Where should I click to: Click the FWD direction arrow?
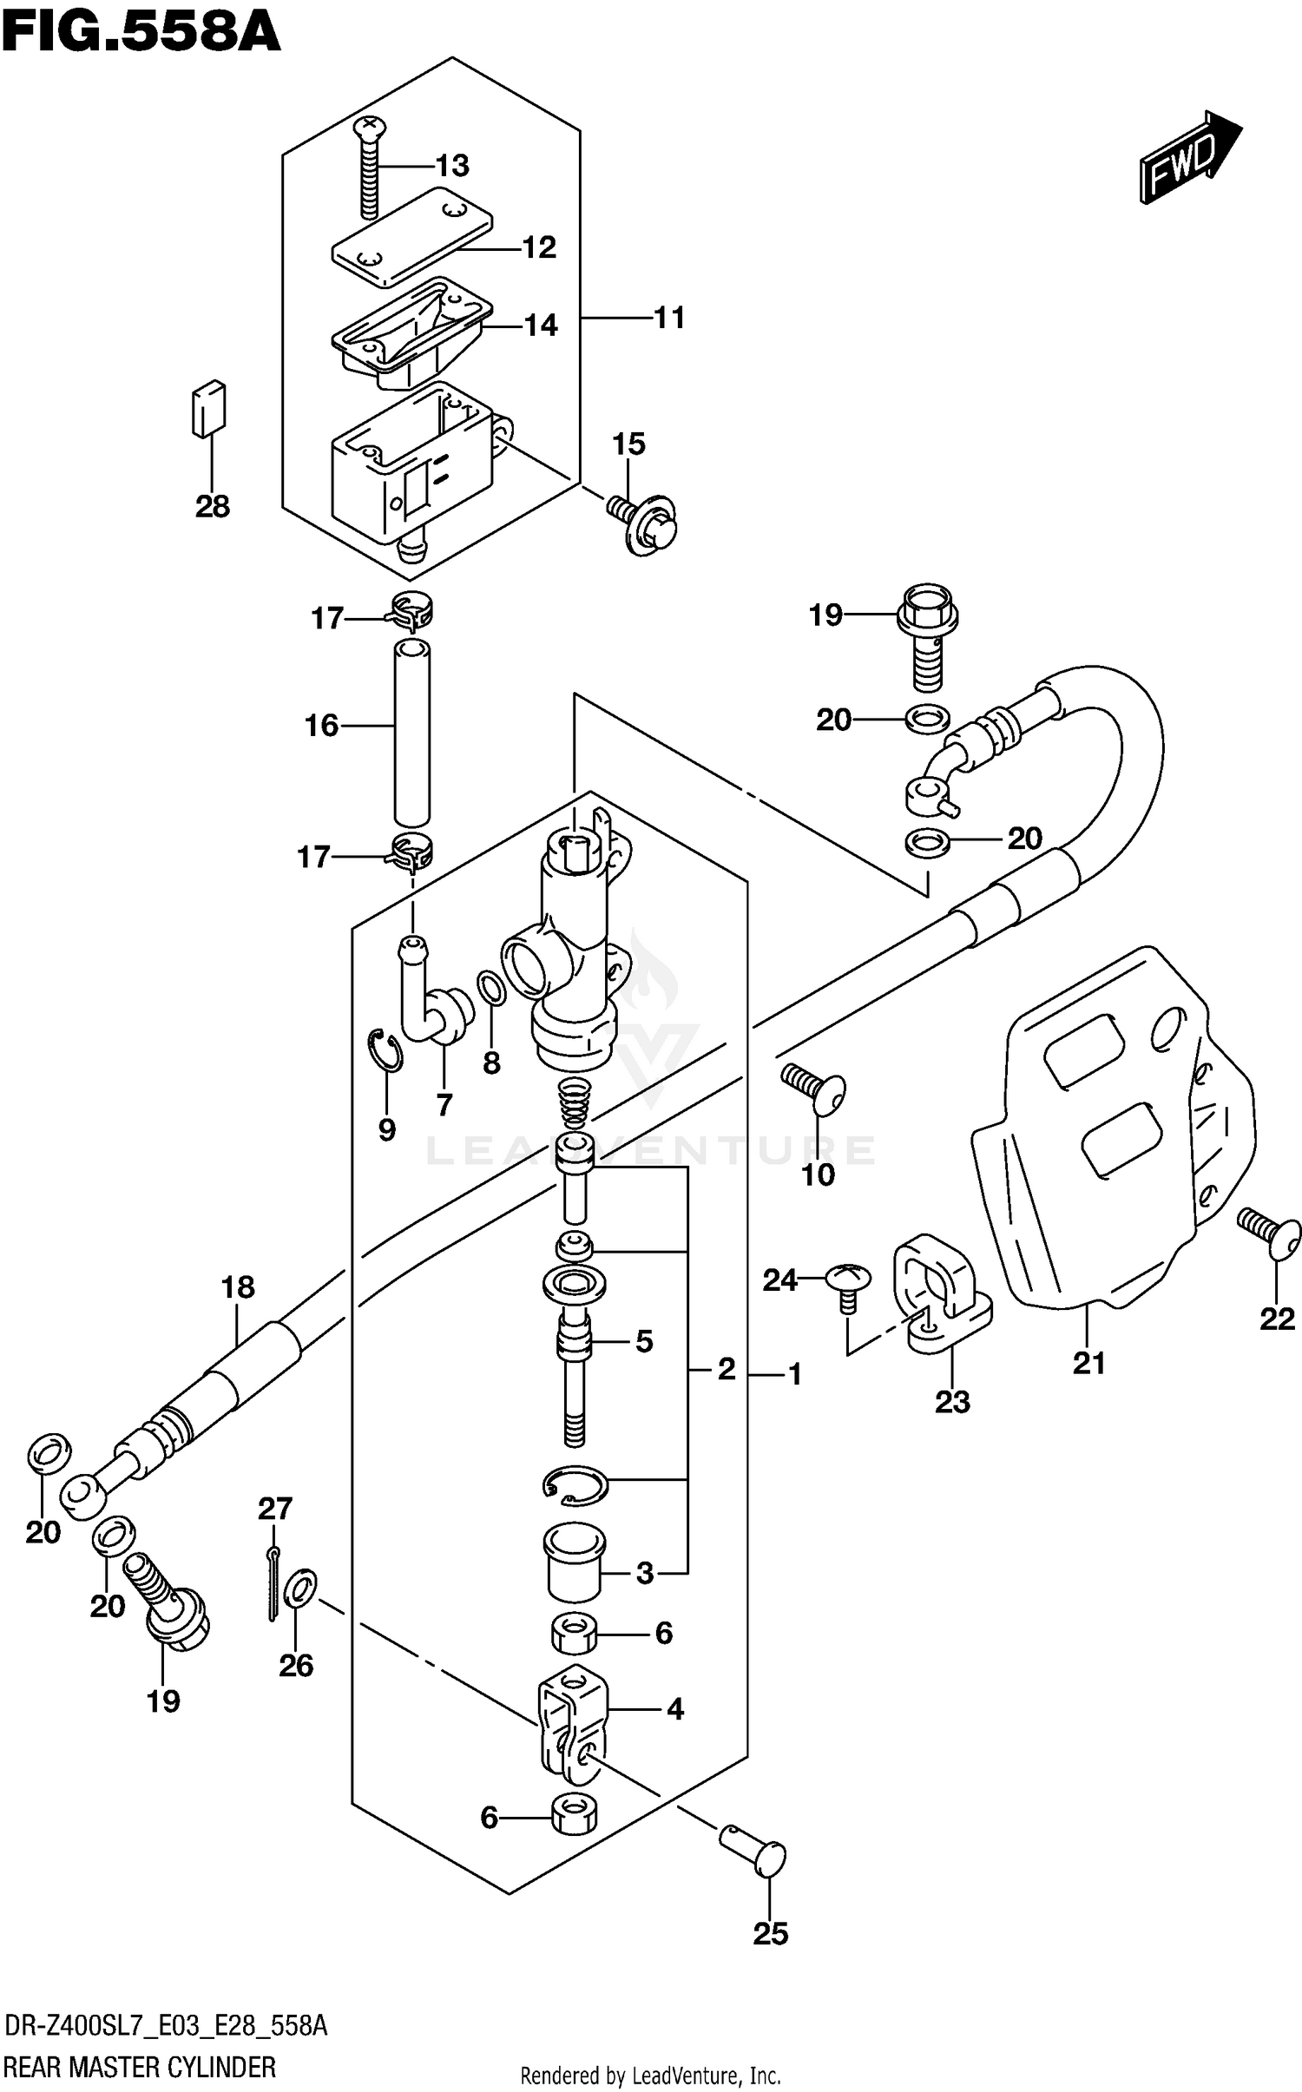tap(1189, 158)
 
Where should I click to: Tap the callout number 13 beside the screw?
tap(452, 165)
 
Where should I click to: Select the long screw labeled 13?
tap(370, 169)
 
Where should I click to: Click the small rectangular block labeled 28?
tap(208, 407)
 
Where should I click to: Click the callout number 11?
tap(669, 318)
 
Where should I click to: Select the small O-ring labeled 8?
tap(490, 987)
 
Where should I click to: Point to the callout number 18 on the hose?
tap(238, 1286)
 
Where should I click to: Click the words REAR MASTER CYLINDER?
tap(140, 2067)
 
